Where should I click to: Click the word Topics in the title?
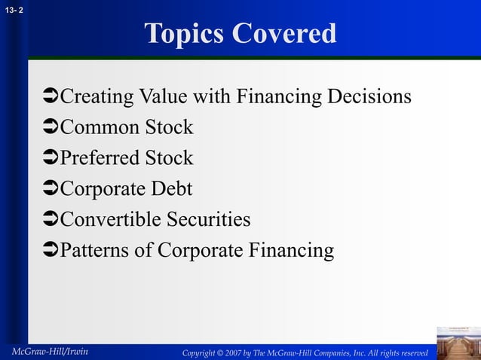pyautogui.click(x=185, y=34)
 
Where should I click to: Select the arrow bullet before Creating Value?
pyautogui.click(x=51, y=97)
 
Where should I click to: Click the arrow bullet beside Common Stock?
pyautogui.click(x=51, y=128)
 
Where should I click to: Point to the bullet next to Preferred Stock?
pyautogui.click(x=51, y=159)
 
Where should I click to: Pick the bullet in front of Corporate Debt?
pyautogui.click(x=51, y=189)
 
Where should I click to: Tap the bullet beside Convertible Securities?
pyautogui.click(x=51, y=220)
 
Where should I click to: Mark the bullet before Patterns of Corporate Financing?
pyautogui.click(x=51, y=251)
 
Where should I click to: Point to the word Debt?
pyautogui.click(x=172, y=189)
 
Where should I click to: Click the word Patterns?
pyautogui.click(x=95, y=251)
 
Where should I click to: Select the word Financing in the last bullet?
pyautogui.click(x=292, y=251)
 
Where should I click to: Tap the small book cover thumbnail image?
pyautogui.click(x=458, y=343)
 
